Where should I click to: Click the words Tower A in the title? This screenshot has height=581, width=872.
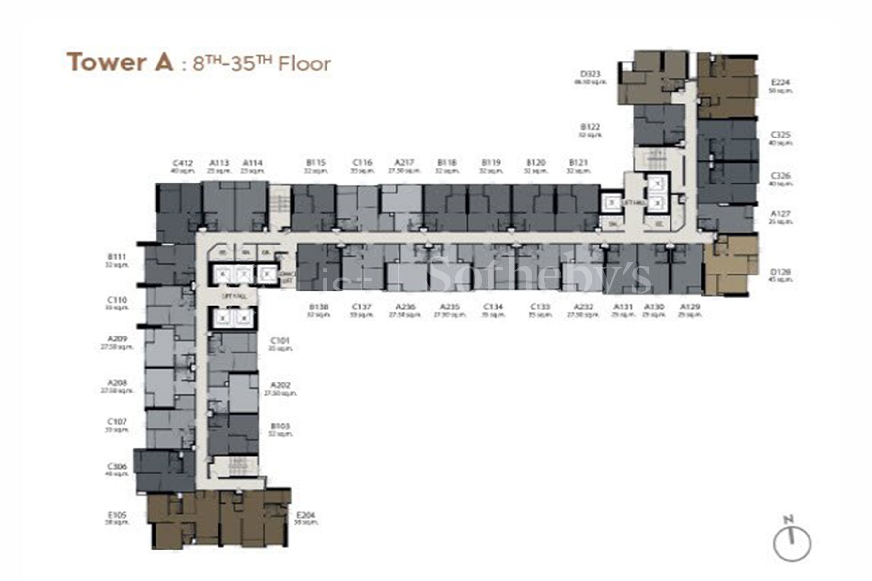[120, 62]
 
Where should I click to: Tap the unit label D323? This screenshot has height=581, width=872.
[590, 74]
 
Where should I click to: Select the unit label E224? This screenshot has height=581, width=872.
[780, 82]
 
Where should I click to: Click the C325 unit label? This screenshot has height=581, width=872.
[780, 135]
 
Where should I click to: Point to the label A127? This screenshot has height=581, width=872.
[780, 214]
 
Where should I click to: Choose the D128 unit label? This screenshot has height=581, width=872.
[780, 272]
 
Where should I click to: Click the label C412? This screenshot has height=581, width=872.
[183, 163]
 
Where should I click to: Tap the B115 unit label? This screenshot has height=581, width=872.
[315, 163]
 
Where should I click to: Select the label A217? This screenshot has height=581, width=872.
[404, 163]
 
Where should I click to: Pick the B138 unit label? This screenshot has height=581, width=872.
[318, 306]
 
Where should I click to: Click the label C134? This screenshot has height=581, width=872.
[493, 306]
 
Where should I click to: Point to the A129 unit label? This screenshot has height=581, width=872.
[690, 306]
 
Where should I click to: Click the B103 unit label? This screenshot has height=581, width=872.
[280, 426]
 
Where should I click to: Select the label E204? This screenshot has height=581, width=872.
[306, 515]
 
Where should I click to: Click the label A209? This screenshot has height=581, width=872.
[117, 339]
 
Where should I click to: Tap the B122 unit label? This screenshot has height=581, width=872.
[590, 127]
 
